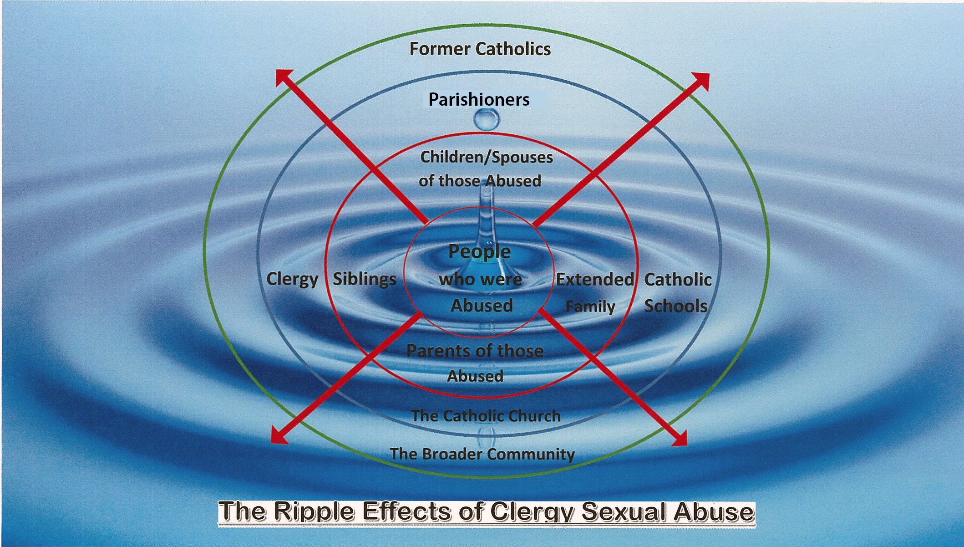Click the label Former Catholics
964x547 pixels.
(480, 49)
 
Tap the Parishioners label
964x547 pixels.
(479, 99)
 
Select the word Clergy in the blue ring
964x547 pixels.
(292, 279)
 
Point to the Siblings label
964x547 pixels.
(365, 279)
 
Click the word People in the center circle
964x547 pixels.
(479, 251)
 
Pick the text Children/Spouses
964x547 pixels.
(487, 157)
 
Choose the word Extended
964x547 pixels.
(595, 279)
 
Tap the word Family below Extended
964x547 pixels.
(590, 307)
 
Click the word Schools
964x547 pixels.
(676, 306)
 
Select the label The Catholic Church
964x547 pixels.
(486, 416)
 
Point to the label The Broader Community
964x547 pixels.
(482, 454)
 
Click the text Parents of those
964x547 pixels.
(475, 351)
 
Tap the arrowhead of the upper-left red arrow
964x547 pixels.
(284, 77)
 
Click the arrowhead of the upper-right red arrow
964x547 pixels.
(702, 80)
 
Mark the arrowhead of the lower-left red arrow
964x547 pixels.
(278, 436)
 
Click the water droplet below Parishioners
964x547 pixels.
(486, 120)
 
